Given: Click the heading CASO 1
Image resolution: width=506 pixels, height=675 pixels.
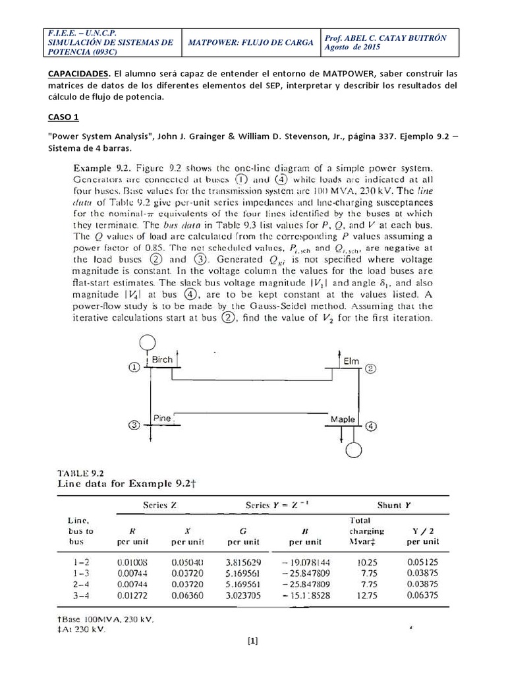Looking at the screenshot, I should click(63, 117).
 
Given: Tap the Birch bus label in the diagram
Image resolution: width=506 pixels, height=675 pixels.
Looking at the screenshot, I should click(162, 360).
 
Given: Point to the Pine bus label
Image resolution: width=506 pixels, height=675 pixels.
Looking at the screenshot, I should click(161, 418).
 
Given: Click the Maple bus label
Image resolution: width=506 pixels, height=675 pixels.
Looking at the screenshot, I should click(343, 419).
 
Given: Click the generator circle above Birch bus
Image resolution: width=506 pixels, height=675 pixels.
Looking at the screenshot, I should click(146, 342).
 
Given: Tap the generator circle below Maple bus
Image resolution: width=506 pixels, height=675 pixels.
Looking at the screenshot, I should click(355, 450).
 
